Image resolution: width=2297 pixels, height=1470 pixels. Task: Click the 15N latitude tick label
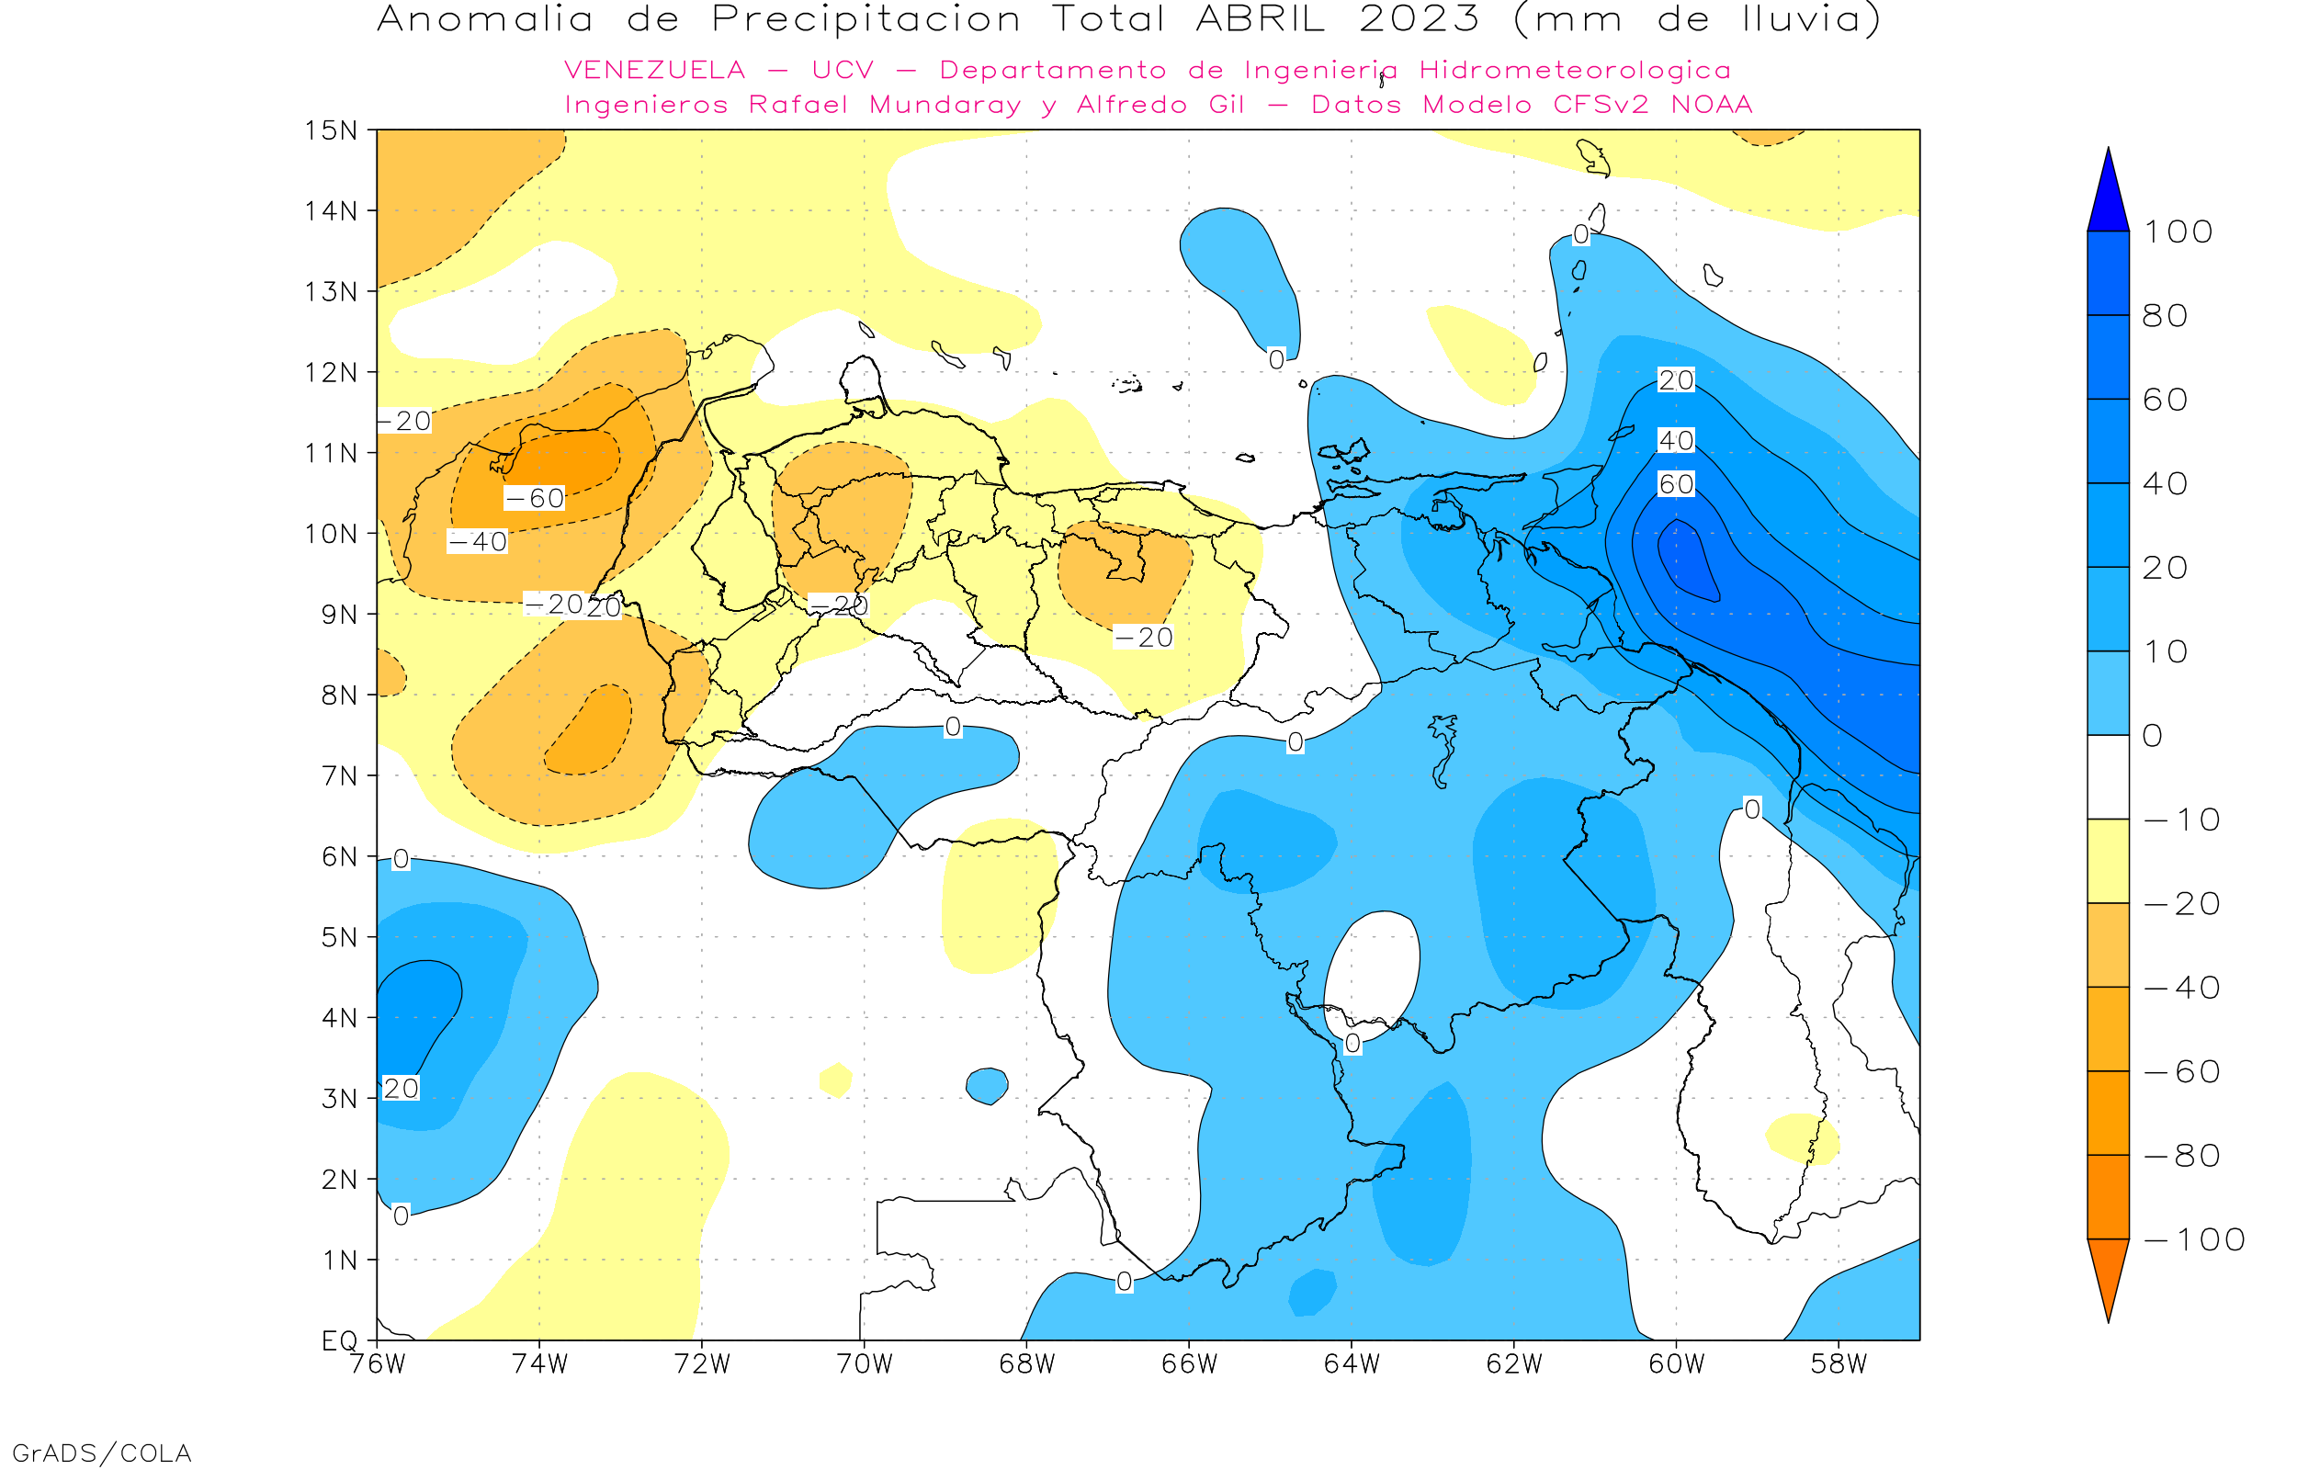[x=330, y=130]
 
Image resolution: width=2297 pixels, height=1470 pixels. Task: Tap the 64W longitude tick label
[x=1352, y=1364]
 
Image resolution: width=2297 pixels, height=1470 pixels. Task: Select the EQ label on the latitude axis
[x=340, y=1340]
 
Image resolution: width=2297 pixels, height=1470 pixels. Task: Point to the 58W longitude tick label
[x=1839, y=1364]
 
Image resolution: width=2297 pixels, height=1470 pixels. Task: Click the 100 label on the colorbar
[x=2178, y=232]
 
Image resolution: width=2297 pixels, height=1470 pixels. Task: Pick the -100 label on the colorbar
[x=2194, y=1240]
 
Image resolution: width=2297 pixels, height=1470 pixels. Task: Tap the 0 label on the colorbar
[x=2153, y=736]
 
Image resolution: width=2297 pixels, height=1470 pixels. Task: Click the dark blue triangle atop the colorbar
[x=2108, y=196]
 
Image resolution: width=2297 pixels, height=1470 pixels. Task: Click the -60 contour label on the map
[x=535, y=498]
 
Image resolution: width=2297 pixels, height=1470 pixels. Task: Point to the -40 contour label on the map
[x=478, y=542]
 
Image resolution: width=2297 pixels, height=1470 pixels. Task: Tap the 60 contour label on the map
[x=1676, y=485]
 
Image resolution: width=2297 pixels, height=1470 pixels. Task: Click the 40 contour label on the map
[x=1676, y=441]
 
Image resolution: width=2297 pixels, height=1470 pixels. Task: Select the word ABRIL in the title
[x=1260, y=19]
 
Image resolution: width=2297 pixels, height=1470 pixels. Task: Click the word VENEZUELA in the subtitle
[x=655, y=71]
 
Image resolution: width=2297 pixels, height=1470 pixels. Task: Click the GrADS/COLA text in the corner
[x=101, y=1453]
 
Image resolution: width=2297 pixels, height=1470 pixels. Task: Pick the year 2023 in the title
[x=1419, y=19]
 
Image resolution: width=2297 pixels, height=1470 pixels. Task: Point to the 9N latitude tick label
[x=339, y=614]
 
